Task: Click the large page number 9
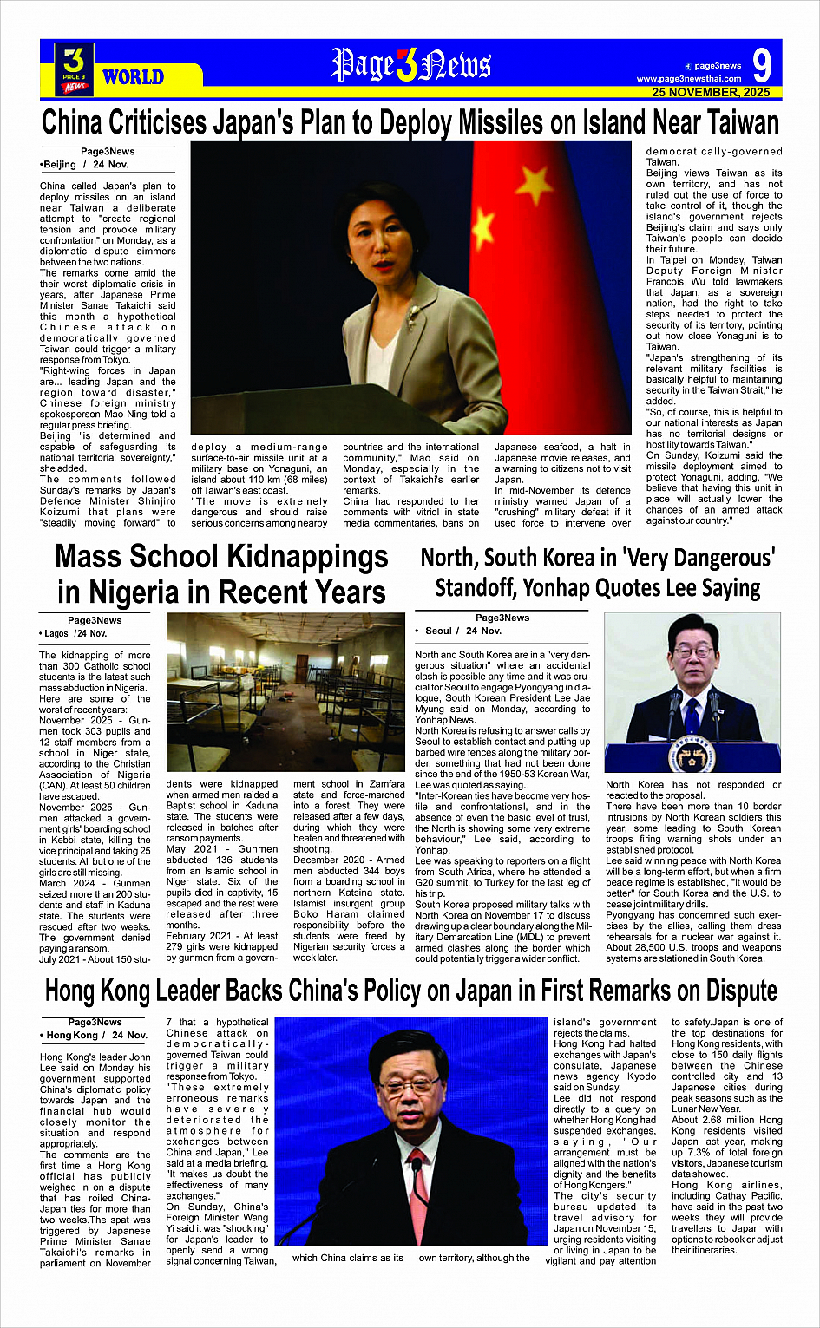[761, 65]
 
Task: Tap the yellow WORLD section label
[133, 77]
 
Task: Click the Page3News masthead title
[411, 65]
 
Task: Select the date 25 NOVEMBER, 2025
[711, 92]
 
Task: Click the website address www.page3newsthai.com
[689, 79]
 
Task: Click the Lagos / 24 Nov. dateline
[75, 633]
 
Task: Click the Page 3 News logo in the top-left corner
[75, 69]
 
